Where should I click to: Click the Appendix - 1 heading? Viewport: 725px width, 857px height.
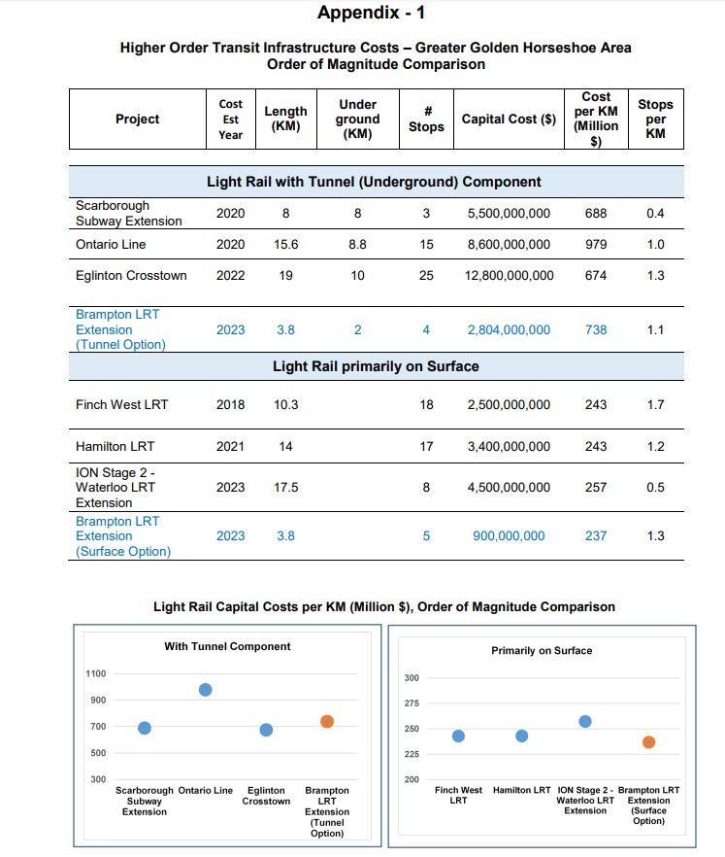(371, 13)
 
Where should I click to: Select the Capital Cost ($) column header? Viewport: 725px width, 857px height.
(509, 120)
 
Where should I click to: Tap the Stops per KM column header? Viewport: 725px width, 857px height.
(655, 119)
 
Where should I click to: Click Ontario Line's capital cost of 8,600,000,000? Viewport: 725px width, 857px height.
(509, 245)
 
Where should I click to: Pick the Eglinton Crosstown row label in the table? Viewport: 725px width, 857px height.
(131, 276)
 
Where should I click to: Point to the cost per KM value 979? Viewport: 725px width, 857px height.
(596, 245)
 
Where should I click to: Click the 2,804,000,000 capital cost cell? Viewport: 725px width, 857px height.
(509, 330)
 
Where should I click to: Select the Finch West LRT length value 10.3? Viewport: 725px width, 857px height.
(285, 405)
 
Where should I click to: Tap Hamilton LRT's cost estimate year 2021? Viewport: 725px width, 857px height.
(230, 447)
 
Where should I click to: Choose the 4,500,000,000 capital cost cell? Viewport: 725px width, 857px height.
(509, 488)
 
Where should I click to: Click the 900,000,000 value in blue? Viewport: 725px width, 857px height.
(508, 536)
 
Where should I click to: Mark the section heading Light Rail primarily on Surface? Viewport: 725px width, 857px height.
(376, 366)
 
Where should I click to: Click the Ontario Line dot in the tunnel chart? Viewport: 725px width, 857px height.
(205, 690)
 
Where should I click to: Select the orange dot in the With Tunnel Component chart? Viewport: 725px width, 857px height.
(327, 721)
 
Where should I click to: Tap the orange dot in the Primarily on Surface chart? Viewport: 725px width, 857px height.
(648, 742)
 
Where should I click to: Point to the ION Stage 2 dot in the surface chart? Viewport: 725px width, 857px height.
(584, 721)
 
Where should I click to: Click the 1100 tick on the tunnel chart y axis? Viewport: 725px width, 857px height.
(98, 673)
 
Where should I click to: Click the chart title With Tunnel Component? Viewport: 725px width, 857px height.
(227, 646)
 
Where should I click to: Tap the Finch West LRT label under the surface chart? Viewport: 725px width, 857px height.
(458, 795)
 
